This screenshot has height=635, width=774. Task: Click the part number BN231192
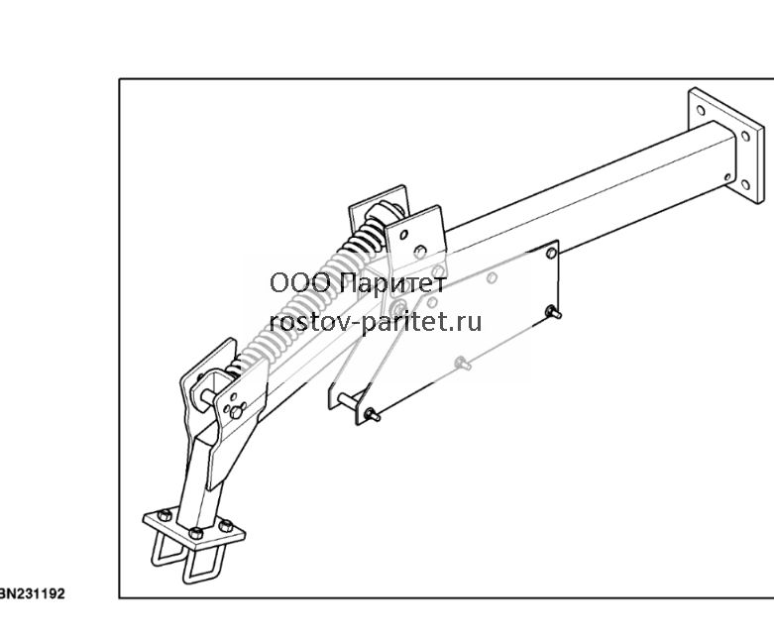tap(32, 593)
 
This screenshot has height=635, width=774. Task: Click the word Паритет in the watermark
tap(393, 283)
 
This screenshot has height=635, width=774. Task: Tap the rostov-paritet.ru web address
tap(376, 322)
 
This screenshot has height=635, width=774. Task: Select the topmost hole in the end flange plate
tap(700, 110)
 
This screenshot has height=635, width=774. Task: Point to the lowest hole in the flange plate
tap(745, 185)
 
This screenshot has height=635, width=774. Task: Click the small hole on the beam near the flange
tap(727, 176)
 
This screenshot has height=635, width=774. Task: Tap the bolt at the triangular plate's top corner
tap(551, 254)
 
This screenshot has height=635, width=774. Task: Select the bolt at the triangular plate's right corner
tap(553, 312)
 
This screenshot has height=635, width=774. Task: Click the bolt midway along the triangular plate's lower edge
tap(463, 365)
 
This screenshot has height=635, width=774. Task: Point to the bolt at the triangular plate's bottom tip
tap(372, 415)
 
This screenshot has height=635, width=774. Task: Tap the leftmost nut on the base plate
tap(165, 515)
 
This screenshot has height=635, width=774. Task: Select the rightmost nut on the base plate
tap(226, 526)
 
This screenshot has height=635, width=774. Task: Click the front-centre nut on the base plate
tap(196, 532)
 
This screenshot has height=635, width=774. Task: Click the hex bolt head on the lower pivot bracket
tap(237, 411)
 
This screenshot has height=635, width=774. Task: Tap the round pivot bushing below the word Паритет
tap(397, 309)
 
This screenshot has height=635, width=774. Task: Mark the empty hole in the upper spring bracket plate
tap(403, 236)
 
